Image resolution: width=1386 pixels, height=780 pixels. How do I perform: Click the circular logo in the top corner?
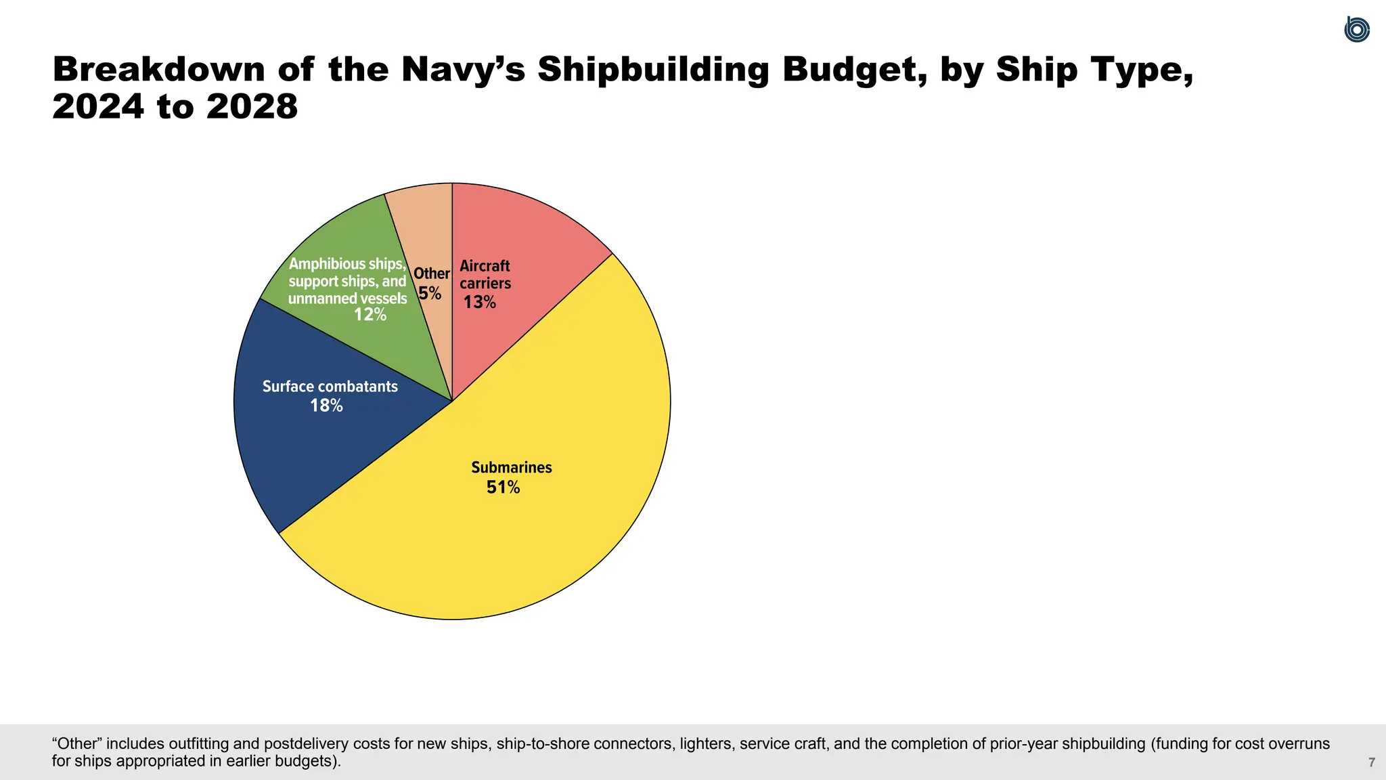(1356, 30)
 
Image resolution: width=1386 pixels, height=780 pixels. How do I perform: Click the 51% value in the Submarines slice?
(503, 487)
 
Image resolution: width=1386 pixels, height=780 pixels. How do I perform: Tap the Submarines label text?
(511, 467)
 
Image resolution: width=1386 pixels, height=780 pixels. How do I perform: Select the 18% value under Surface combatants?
(326, 406)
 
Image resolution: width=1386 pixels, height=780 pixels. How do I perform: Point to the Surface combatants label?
(330, 387)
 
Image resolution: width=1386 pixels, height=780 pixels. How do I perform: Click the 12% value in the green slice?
(370, 315)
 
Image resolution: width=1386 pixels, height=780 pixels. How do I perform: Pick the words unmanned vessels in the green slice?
(347, 299)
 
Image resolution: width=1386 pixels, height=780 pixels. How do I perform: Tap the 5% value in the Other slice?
(429, 294)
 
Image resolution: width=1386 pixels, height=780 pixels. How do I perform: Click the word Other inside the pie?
(431, 274)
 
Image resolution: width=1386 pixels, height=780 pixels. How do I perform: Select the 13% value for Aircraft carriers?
(479, 303)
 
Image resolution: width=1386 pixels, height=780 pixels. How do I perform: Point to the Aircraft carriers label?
(485, 274)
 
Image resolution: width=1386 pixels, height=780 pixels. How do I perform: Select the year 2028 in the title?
(252, 107)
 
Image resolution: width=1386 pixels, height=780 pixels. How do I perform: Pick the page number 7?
(1371, 763)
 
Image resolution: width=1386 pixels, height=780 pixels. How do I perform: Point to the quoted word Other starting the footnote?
(76, 744)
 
